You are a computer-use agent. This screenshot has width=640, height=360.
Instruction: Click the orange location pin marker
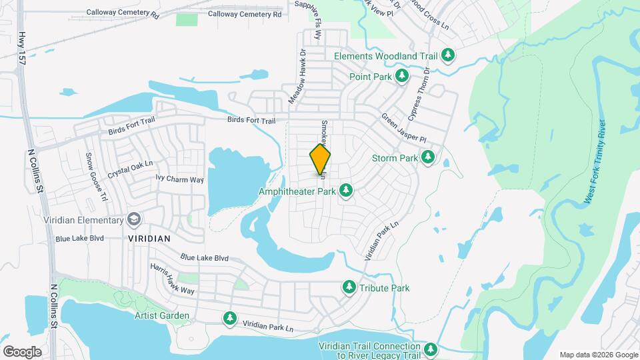[x=320, y=159]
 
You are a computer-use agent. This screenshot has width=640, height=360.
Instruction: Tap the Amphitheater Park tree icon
[x=346, y=191]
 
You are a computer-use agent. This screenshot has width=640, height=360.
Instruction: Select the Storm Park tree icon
[x=427, y=158]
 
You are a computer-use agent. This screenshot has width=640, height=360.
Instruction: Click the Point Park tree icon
[x=402, y=77]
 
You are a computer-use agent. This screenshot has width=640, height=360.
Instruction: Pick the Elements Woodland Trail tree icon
[x=448, y=56]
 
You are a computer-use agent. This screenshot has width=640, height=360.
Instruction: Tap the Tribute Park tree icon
[x=348, y=288]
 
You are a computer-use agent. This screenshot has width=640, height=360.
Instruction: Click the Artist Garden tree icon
[x=230, y=319]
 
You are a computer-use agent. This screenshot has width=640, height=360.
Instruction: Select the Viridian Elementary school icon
[x=134, y=220]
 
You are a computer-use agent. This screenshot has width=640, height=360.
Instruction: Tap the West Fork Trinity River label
[x=594, y=162]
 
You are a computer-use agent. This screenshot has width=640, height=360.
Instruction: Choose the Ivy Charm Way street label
[x=179, y=179]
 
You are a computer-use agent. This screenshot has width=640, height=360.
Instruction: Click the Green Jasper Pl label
[x=403, y=128]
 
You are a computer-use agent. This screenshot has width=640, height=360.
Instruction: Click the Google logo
[x=22, y=351]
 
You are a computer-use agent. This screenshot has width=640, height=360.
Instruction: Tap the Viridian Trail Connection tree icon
[x=430, y=349]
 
